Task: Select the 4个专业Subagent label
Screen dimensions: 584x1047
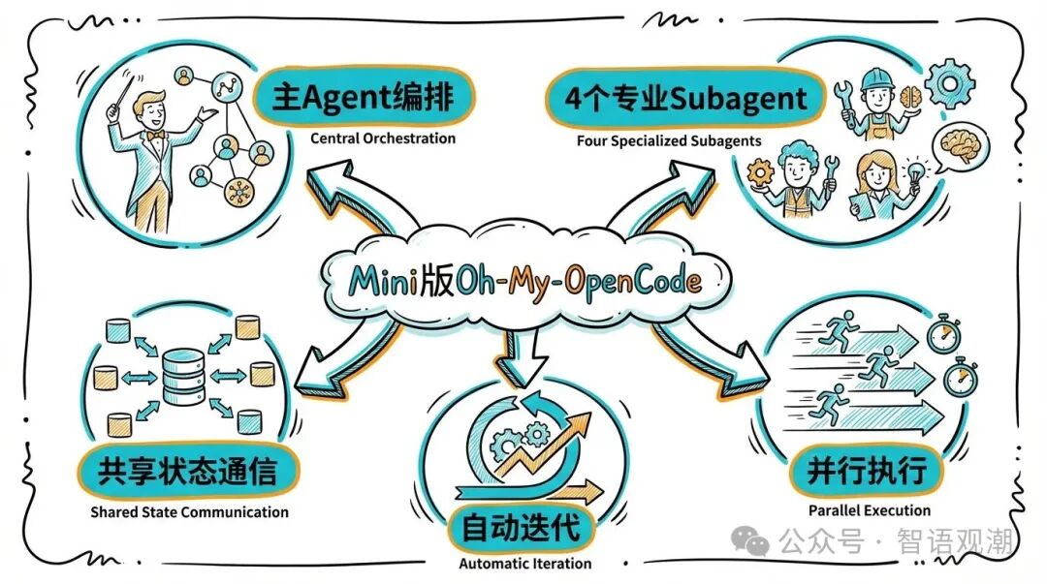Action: coord(678,98)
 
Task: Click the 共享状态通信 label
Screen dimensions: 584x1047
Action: coord(187,472)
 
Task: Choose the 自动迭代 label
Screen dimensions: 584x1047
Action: coord(521,528)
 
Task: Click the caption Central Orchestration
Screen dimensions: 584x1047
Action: coord(383,138)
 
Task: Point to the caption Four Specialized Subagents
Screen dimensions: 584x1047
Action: coord(669,140)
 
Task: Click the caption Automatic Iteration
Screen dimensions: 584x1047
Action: coord(524,564)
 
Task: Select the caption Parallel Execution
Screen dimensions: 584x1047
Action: coord(869,510)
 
